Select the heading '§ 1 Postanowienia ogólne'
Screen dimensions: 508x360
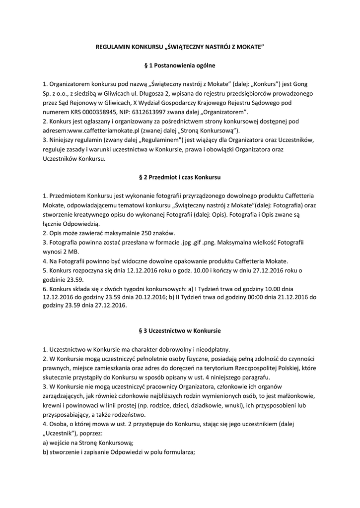180,65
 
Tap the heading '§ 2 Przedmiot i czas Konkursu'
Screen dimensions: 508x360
180,177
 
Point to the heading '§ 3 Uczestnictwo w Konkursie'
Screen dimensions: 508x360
180,330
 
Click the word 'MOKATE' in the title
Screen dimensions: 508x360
249,46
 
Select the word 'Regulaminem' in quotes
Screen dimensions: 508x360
158,140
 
